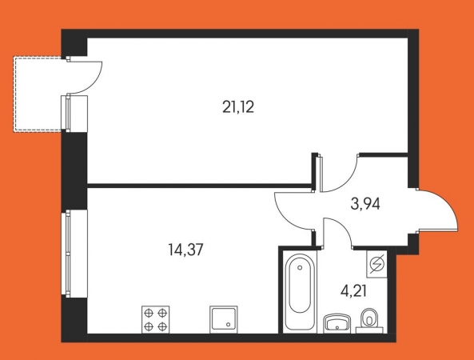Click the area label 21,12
point(238,107)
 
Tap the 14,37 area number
point(185,250)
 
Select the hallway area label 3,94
point(365,204)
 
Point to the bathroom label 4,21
point(353,292)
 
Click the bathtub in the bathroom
point(300,292)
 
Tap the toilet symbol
point(369,320)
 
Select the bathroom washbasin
point(337,323)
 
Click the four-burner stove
point(155,319)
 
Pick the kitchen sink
point(223,319)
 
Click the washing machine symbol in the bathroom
point(376,264)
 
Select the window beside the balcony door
point(66,113)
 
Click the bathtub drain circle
point(300,267)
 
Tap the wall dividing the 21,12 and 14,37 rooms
point(200,186)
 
